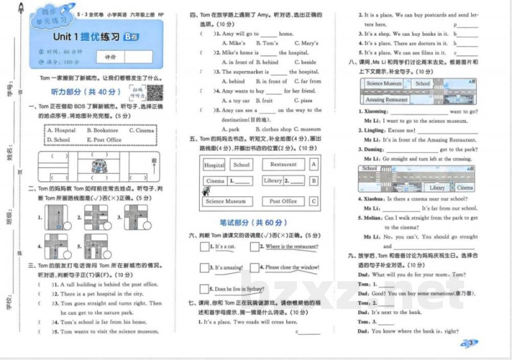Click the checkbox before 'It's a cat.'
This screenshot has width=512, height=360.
[x=204, y=246]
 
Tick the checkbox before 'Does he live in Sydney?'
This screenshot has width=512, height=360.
[x=204, y=288]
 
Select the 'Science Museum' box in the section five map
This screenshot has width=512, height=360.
[x=225, y=201]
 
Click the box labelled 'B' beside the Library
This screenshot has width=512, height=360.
[x=314, y=181]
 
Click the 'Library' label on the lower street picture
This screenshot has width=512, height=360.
[x=437, y=188]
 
